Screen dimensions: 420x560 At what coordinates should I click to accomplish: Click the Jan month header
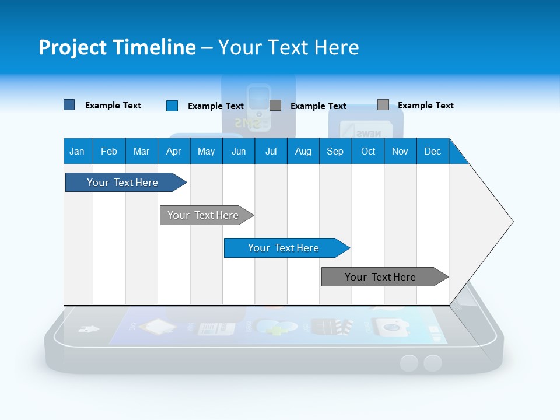point(77,151)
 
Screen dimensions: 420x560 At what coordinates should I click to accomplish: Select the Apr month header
point(173,151)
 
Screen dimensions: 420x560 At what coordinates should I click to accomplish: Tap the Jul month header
point(271,151)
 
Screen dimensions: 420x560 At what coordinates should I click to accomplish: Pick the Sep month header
point(335,151)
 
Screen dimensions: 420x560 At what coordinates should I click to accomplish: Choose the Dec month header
point(432,151)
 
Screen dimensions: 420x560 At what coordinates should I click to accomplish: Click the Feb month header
point(109,151)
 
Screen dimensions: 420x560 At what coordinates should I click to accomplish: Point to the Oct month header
point(368,151)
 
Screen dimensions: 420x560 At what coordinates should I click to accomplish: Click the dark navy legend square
point(69,105)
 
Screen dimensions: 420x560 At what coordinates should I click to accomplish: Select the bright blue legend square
point(172,106)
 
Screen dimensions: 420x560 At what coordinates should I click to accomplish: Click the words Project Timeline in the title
point(117,47)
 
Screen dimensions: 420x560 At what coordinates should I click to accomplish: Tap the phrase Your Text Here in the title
point(289,47)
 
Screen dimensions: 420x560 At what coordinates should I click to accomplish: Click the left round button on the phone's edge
point(409,363)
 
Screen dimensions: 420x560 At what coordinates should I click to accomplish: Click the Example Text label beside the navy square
point(113,106)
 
